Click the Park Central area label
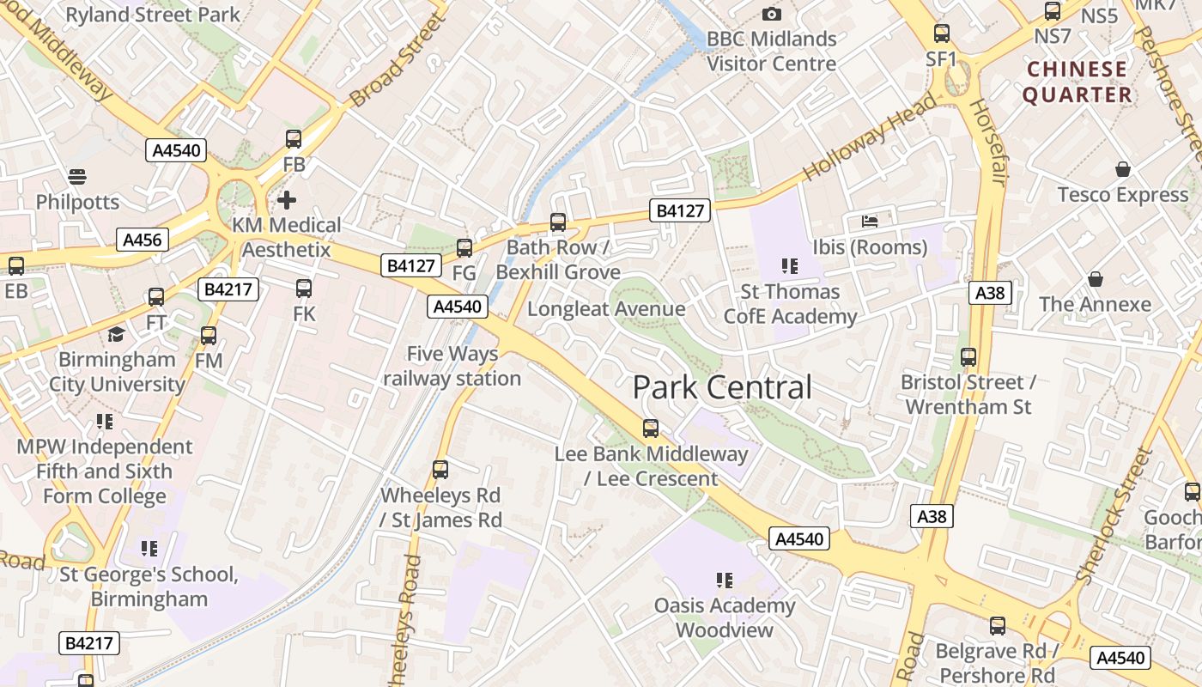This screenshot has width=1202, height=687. coord(722,387)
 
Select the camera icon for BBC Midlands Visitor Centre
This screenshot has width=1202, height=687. coord(771,14)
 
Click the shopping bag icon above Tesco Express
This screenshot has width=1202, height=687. coord(1122,169)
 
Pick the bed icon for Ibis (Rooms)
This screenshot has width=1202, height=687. coord(870,222)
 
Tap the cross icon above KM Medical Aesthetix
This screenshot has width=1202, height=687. coord(287,200)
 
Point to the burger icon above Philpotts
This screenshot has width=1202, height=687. coord(77,177)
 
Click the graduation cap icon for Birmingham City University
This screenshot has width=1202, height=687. coord(116,334)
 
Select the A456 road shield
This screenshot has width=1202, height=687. coord(143,240)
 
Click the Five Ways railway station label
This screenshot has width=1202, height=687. coord(452,366)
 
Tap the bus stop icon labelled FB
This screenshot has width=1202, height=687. coord(294,138)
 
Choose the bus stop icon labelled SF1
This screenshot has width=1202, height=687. coord(942,33)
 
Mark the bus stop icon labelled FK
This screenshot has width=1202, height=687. coord(304,289)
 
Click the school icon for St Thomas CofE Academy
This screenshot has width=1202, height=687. coord(790,266)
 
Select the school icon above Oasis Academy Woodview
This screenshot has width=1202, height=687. coord(725,581)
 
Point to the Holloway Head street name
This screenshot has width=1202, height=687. coord(870,138)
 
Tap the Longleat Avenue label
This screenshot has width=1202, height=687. coord(606,309)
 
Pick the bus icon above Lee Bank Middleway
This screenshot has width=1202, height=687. coord(651,428)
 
